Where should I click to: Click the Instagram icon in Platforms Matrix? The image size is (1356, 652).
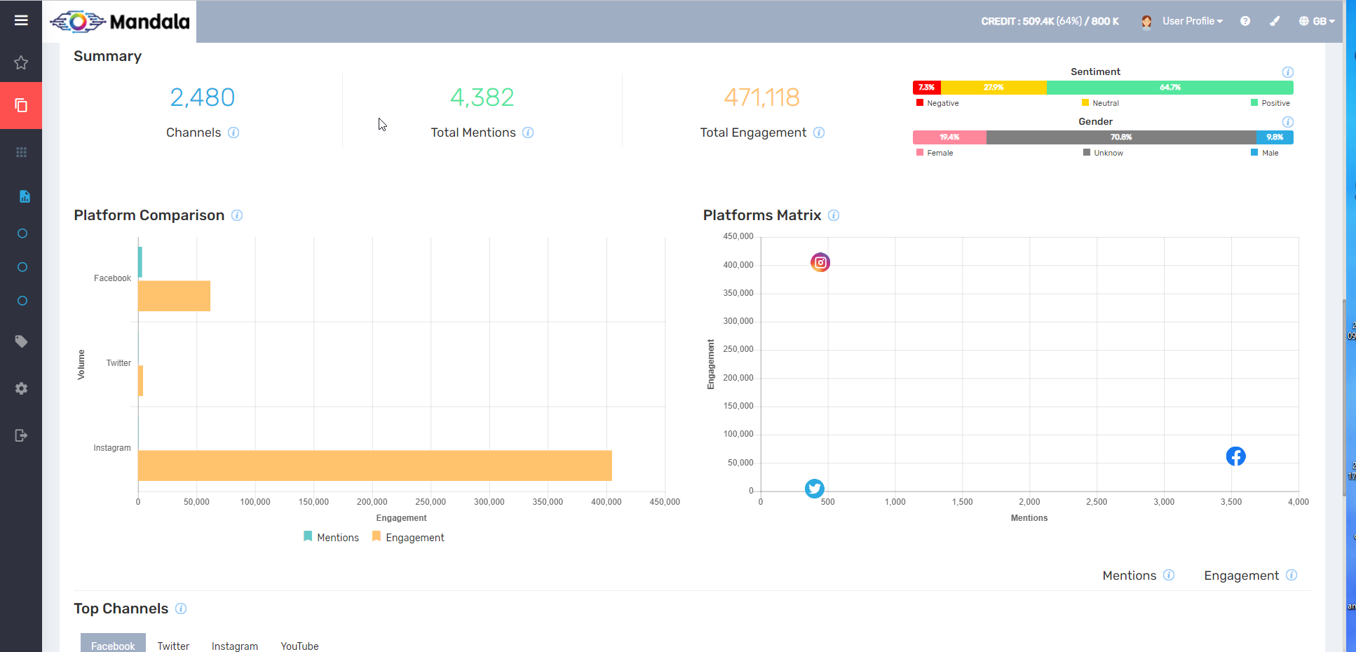pos(820,262)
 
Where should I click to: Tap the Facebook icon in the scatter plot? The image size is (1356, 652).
pos(1235,456)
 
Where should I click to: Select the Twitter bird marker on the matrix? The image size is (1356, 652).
pos(814,488)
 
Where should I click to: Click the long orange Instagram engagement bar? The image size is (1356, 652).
pos(374,466)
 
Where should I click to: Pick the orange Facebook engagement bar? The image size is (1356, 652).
pos(174,296)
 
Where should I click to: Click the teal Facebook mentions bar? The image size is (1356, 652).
pos(140,262)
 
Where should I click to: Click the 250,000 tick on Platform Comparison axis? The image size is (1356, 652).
pos(430,502)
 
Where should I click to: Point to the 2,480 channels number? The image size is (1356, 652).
pos(202,97)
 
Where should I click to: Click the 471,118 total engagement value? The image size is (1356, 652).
pos(761,97)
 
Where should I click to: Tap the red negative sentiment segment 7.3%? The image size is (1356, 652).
pos(926,88)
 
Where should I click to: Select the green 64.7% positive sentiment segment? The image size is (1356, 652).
pos(1169,88)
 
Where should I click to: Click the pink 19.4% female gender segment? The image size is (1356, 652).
pos(949,137)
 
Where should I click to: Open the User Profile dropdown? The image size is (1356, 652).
pos(1192,21)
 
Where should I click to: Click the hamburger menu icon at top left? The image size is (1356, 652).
pos(21,20)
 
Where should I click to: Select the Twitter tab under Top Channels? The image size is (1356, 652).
pos(173,646)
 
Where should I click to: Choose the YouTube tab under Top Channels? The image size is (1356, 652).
pos(299,646)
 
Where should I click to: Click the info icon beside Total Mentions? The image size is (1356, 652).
pos(528,133)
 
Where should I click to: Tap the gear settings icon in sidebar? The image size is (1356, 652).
pos(21,388)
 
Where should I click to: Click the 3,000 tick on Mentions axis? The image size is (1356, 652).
pos(1164,502)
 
